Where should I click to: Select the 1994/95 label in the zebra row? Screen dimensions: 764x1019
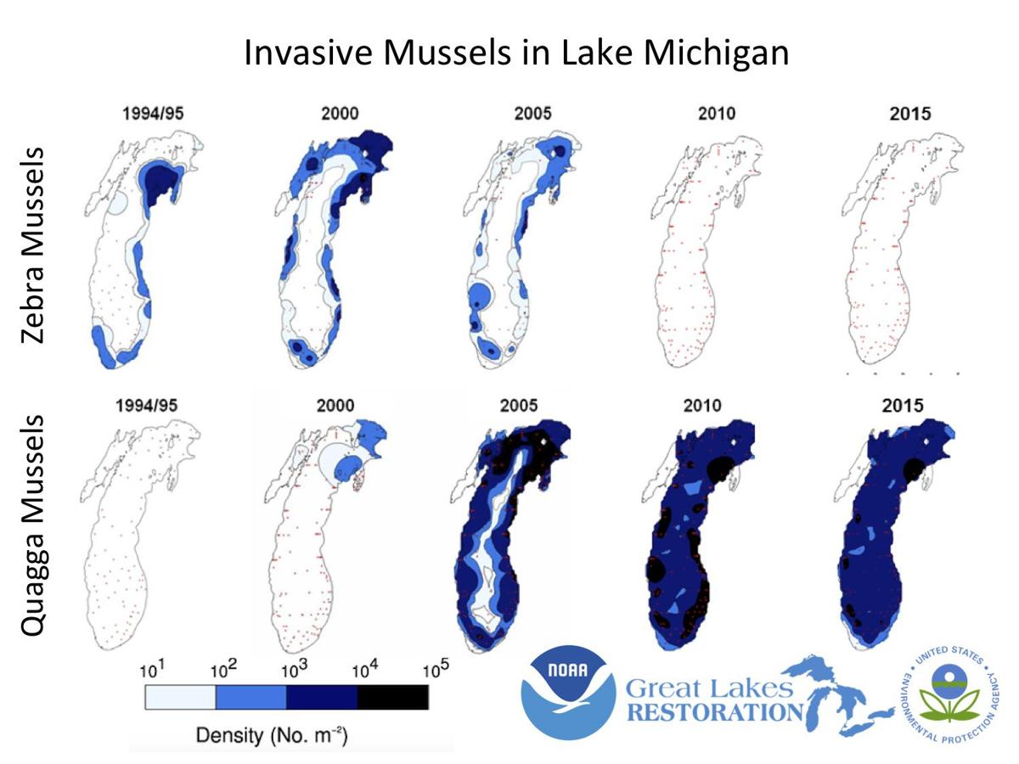pyautogui.click(x=145, y=113)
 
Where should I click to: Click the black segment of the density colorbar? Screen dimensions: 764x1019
pyautogui.click(x=392, y=697)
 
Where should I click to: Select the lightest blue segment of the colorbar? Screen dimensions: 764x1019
pyautogui.click(x=180, y=697)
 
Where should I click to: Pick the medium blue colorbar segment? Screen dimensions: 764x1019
pyautogui.click(x=251, y=697)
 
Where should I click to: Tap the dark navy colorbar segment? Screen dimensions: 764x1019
pyautogui.click(x=322, y=697)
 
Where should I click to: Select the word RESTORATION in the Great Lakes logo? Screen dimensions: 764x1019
pyautogui.click(x=714, y=711)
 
